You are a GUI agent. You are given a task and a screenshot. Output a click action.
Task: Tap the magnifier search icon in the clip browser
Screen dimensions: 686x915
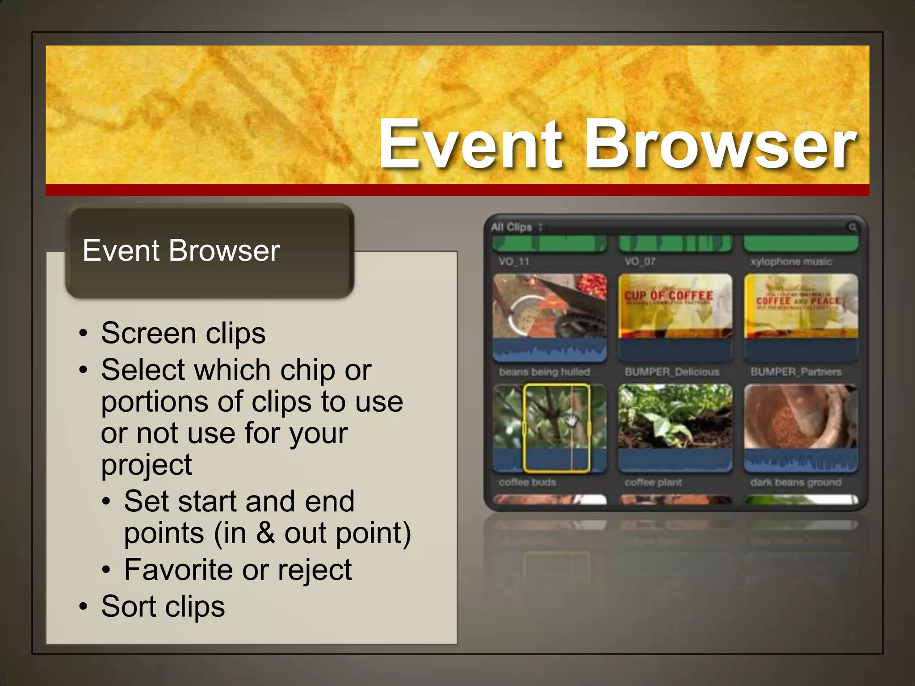[852, 227]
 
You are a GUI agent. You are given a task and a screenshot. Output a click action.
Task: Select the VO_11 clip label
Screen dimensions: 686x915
[514, 262]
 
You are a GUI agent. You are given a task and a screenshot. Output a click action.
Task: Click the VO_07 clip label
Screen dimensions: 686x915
[640, 262]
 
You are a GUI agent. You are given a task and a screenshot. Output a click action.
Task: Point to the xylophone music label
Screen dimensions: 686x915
[791, 262]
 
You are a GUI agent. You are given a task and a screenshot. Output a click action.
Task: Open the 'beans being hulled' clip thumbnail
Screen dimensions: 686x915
[550, 313]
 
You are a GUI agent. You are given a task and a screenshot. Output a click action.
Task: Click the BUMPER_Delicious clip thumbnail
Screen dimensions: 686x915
[675, 313]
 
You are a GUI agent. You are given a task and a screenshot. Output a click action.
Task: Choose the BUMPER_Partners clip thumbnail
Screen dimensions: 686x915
[801, 313]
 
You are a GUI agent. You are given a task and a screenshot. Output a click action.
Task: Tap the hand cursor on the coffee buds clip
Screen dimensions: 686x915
[571, 420]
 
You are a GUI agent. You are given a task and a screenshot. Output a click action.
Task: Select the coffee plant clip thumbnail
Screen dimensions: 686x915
[675, 422]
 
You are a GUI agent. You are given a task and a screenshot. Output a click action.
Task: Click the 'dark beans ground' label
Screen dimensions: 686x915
[796, 482]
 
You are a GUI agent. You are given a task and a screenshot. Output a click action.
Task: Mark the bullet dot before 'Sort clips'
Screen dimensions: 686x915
[83, 607]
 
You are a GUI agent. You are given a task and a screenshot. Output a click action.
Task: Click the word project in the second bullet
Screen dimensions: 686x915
[147, 465]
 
